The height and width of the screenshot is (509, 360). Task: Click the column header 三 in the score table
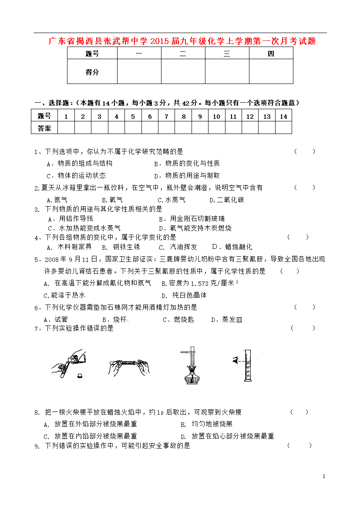(227, 54)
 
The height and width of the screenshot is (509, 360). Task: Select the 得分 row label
(92, 72)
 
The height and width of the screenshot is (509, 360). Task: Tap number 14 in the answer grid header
(283, 116)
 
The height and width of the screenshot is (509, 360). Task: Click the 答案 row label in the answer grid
(44, 128)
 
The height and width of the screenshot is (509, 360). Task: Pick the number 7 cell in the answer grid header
(166, 116)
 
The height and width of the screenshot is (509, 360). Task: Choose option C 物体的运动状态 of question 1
(76, 176)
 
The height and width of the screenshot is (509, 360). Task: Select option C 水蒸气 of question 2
(172, 200)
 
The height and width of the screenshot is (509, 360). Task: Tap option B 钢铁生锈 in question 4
(121, 247)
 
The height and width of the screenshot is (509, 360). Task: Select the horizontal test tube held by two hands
(128, 362)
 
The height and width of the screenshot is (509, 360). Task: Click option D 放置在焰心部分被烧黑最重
(227, 436)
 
